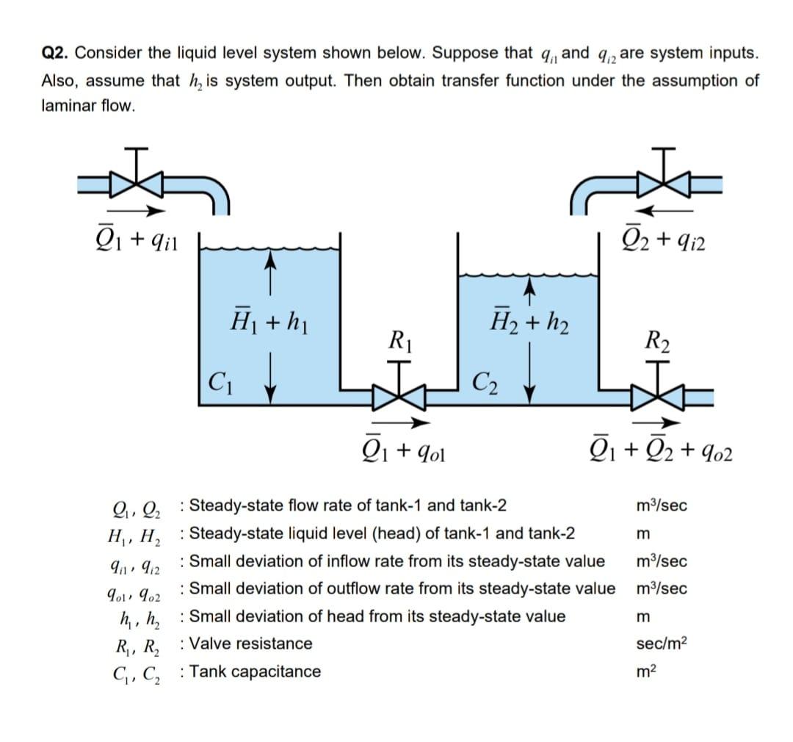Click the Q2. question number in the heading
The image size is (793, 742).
[56, 54]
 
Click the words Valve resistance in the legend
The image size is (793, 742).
[250, 644]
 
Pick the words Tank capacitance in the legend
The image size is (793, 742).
[254, 671]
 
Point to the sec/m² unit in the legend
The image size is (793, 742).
[663, 644]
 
